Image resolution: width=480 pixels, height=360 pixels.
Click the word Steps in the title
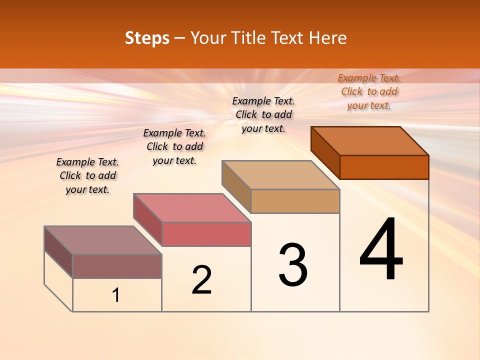click(x=147, y=38)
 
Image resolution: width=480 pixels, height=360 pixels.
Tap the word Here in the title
click(x=327, y=38)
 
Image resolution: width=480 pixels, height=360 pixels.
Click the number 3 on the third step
click(x=293, y=265)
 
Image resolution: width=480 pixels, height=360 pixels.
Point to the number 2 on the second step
click(x=201, y=280)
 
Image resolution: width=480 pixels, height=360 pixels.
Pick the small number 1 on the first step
click(x=116, y=295)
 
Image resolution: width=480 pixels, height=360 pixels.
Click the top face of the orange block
click(x=370, y=140)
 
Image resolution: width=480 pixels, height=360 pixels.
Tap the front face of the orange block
click(x=384, y=167)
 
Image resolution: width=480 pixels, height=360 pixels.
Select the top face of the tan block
click(x=280, y=175)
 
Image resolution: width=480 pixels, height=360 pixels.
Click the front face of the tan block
click(x=295, y=201)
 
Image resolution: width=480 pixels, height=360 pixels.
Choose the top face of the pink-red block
click(x=192, y=208)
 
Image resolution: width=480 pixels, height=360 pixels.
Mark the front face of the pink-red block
click(x=206, y=234)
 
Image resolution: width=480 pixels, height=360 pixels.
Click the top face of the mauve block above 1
click(x=103, y=240)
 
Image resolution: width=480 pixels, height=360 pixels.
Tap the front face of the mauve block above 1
click(x=117, y=266)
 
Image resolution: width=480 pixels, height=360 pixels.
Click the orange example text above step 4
click(x=369, y=91)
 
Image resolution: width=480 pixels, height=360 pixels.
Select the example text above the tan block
click(x=263, y=114)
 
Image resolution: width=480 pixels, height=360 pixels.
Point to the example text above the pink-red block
click(x=174, y=146)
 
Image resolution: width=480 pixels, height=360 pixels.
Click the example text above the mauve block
click(x=87, y=175)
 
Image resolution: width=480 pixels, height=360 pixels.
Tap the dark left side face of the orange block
click(x=325, y=152)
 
